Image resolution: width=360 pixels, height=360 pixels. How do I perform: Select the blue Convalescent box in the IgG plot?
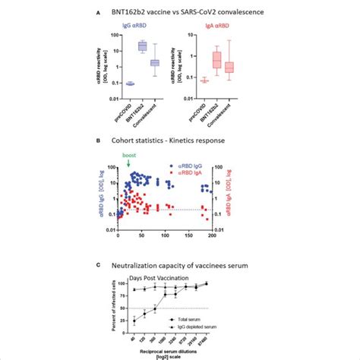click(134, 63)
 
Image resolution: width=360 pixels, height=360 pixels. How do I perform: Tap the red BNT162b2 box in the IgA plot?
click(216, 58)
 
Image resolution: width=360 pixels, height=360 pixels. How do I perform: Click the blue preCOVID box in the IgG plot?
click(108, 84)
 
